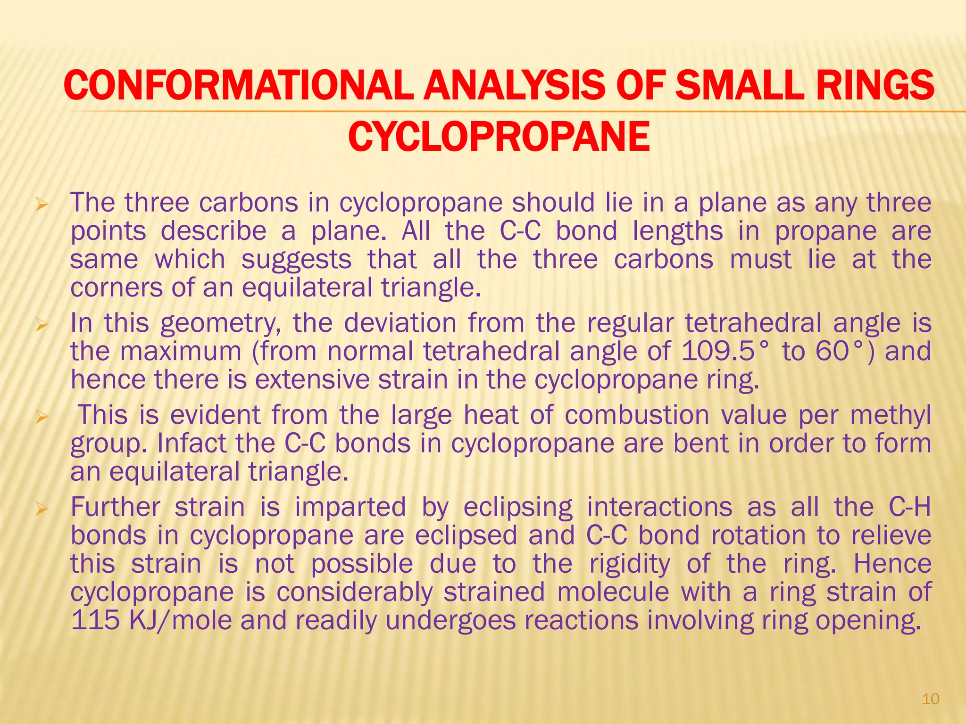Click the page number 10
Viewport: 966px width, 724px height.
(x=930, y=699)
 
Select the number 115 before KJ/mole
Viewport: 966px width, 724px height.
(x=94, y=620)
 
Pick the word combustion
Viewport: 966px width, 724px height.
(x=637, y=415)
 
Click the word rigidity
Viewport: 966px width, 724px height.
(x=630, y=564)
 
